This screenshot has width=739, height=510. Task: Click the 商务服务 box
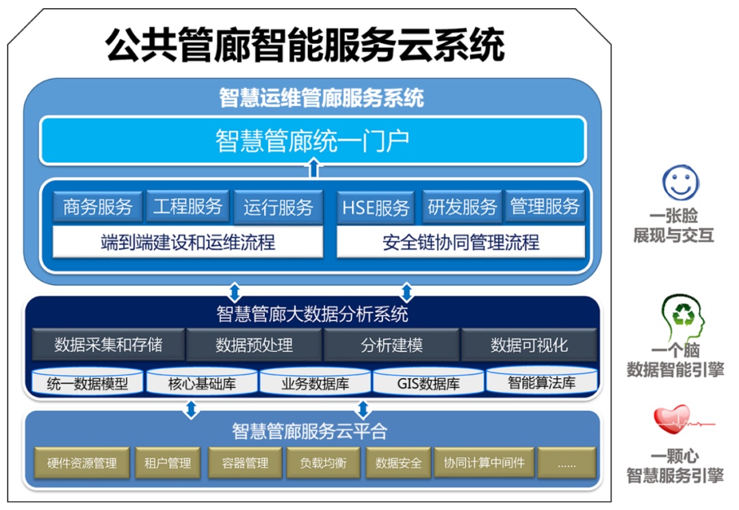[98, 206]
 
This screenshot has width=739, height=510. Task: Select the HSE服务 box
[376, 207]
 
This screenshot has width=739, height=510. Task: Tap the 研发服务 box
[463, 206]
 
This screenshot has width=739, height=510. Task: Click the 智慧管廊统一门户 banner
[313, 140]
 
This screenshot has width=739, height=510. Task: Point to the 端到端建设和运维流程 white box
[187, 242]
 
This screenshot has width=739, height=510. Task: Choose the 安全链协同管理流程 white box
[461, 242]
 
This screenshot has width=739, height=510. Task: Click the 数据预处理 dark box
[254, 345]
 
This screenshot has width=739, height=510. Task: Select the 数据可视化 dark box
[529, 345]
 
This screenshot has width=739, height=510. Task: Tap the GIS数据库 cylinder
[428, 381]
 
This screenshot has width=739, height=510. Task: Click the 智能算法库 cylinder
[541, 381]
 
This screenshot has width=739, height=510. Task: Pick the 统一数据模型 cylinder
[87, 381]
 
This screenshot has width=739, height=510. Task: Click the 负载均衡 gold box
[323, 463]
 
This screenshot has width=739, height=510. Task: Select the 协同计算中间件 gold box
[484, 463]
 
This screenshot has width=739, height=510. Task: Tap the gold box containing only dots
[567, 463]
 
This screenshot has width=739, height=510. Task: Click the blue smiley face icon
[681, 183]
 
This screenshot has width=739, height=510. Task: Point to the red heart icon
[672, 419]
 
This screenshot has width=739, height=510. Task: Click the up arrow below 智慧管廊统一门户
[313, 168]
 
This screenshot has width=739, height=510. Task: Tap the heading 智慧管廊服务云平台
[310, 431]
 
